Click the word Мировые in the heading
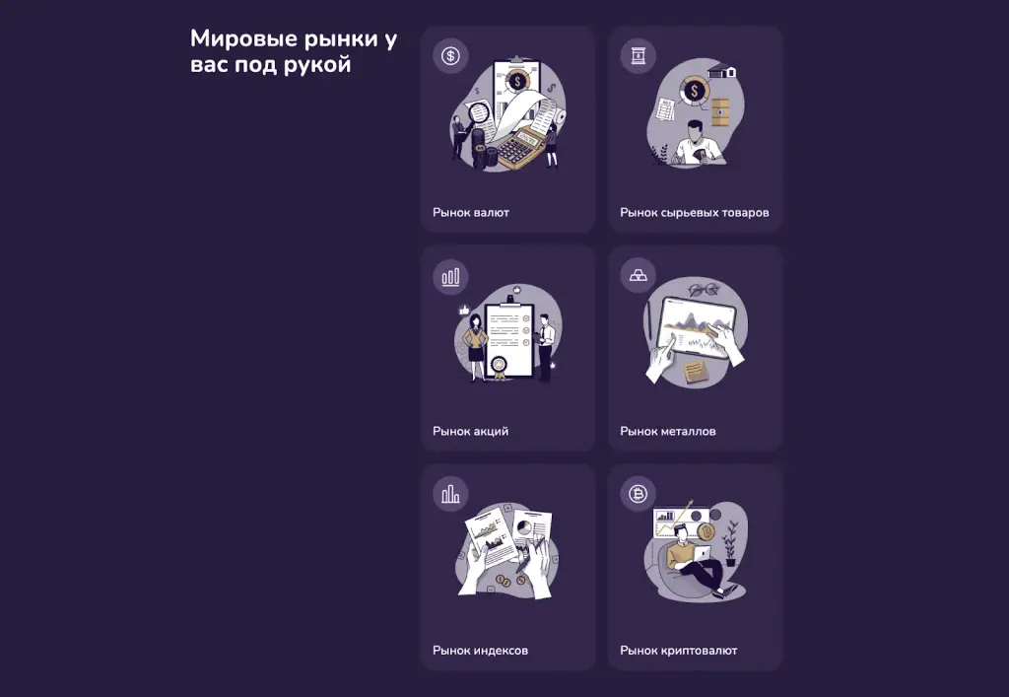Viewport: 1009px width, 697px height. point(243,38)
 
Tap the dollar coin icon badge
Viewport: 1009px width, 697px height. point(450,56)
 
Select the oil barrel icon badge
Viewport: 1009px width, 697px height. point(638,56)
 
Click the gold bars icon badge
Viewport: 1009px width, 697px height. point(638,275)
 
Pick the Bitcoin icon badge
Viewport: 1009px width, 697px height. point(638,494)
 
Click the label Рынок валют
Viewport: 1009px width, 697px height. point(471,212)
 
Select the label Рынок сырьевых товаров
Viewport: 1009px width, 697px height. point(695,212)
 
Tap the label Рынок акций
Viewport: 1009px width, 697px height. point(470,431)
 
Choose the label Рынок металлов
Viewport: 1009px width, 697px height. point(668,431)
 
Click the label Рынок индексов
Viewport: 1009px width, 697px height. point(480,650)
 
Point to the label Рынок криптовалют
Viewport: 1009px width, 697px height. point(679,650)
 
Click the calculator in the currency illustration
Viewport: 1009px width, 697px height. point(520,147)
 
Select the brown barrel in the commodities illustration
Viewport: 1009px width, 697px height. point(720,113)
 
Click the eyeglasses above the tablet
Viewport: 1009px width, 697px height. point(704,290)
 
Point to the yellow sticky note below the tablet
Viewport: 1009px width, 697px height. point(695,372)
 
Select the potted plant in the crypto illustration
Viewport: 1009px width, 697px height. point(730,544)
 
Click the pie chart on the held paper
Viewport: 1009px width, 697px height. point(524,527)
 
